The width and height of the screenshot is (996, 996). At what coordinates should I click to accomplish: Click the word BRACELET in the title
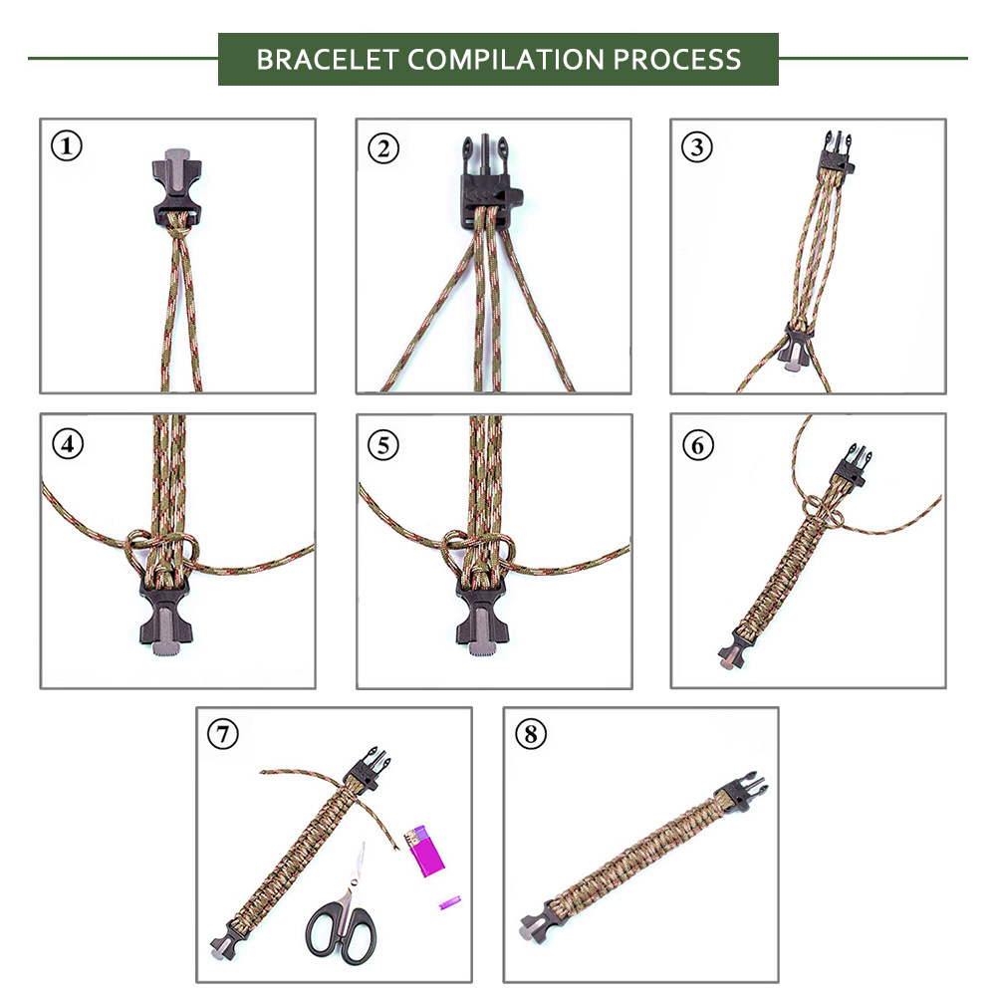pos(328,60)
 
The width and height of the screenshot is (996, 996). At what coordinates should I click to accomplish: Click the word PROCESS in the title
pos(677,60)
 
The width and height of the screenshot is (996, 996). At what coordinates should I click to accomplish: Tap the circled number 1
pos(67,145)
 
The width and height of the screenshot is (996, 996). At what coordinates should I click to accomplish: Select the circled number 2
pos(383,148)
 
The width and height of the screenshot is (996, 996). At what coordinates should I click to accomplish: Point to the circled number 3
pos(697,147)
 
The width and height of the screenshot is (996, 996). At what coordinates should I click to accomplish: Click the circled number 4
pos(68,443)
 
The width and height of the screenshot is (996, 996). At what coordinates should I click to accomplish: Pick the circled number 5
pos(383,444)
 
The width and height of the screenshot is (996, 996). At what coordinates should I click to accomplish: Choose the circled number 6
pos(698,444)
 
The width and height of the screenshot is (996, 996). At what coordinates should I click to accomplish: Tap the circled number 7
pos(223,734)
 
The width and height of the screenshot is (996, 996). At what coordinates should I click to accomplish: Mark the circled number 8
pos(531,734)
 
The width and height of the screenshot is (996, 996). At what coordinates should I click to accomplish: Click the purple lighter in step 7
pos(423,852)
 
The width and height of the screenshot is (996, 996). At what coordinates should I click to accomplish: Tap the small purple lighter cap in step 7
pos(450,902)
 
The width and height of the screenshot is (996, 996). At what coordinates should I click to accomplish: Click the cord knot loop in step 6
pos(824,511)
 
